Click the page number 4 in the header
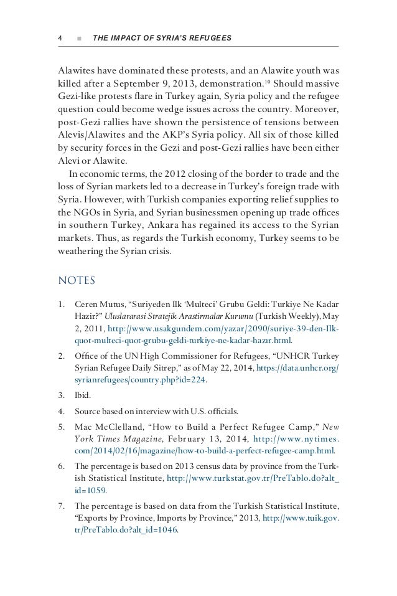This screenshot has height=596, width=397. [x=60, y=39]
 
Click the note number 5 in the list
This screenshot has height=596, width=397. [x=60, y=428]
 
